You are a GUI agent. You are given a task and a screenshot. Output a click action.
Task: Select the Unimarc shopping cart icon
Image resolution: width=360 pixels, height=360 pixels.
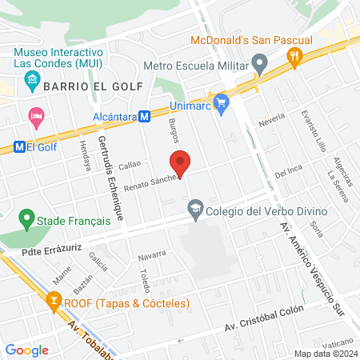pos(221,102)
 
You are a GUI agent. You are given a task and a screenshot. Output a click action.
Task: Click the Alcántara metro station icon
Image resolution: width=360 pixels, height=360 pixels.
pos(145,117)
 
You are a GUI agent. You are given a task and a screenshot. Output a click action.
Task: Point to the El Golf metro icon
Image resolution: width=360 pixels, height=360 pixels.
pos(20,146)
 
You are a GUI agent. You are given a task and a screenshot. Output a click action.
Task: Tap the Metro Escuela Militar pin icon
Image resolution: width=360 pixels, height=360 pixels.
pos(259,62)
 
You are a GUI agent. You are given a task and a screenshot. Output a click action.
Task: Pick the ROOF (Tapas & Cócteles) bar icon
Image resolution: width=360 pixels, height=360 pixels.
pos(54,302)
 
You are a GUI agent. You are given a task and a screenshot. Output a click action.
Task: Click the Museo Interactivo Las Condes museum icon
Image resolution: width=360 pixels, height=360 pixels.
pos(32,78)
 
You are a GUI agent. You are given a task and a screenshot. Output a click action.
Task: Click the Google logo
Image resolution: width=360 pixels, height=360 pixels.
pos(26,350)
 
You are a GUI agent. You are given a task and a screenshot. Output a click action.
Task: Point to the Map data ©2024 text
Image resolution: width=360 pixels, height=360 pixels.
pos(324,354)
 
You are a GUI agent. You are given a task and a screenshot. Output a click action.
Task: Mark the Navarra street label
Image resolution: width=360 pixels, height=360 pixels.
pos(151,255)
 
